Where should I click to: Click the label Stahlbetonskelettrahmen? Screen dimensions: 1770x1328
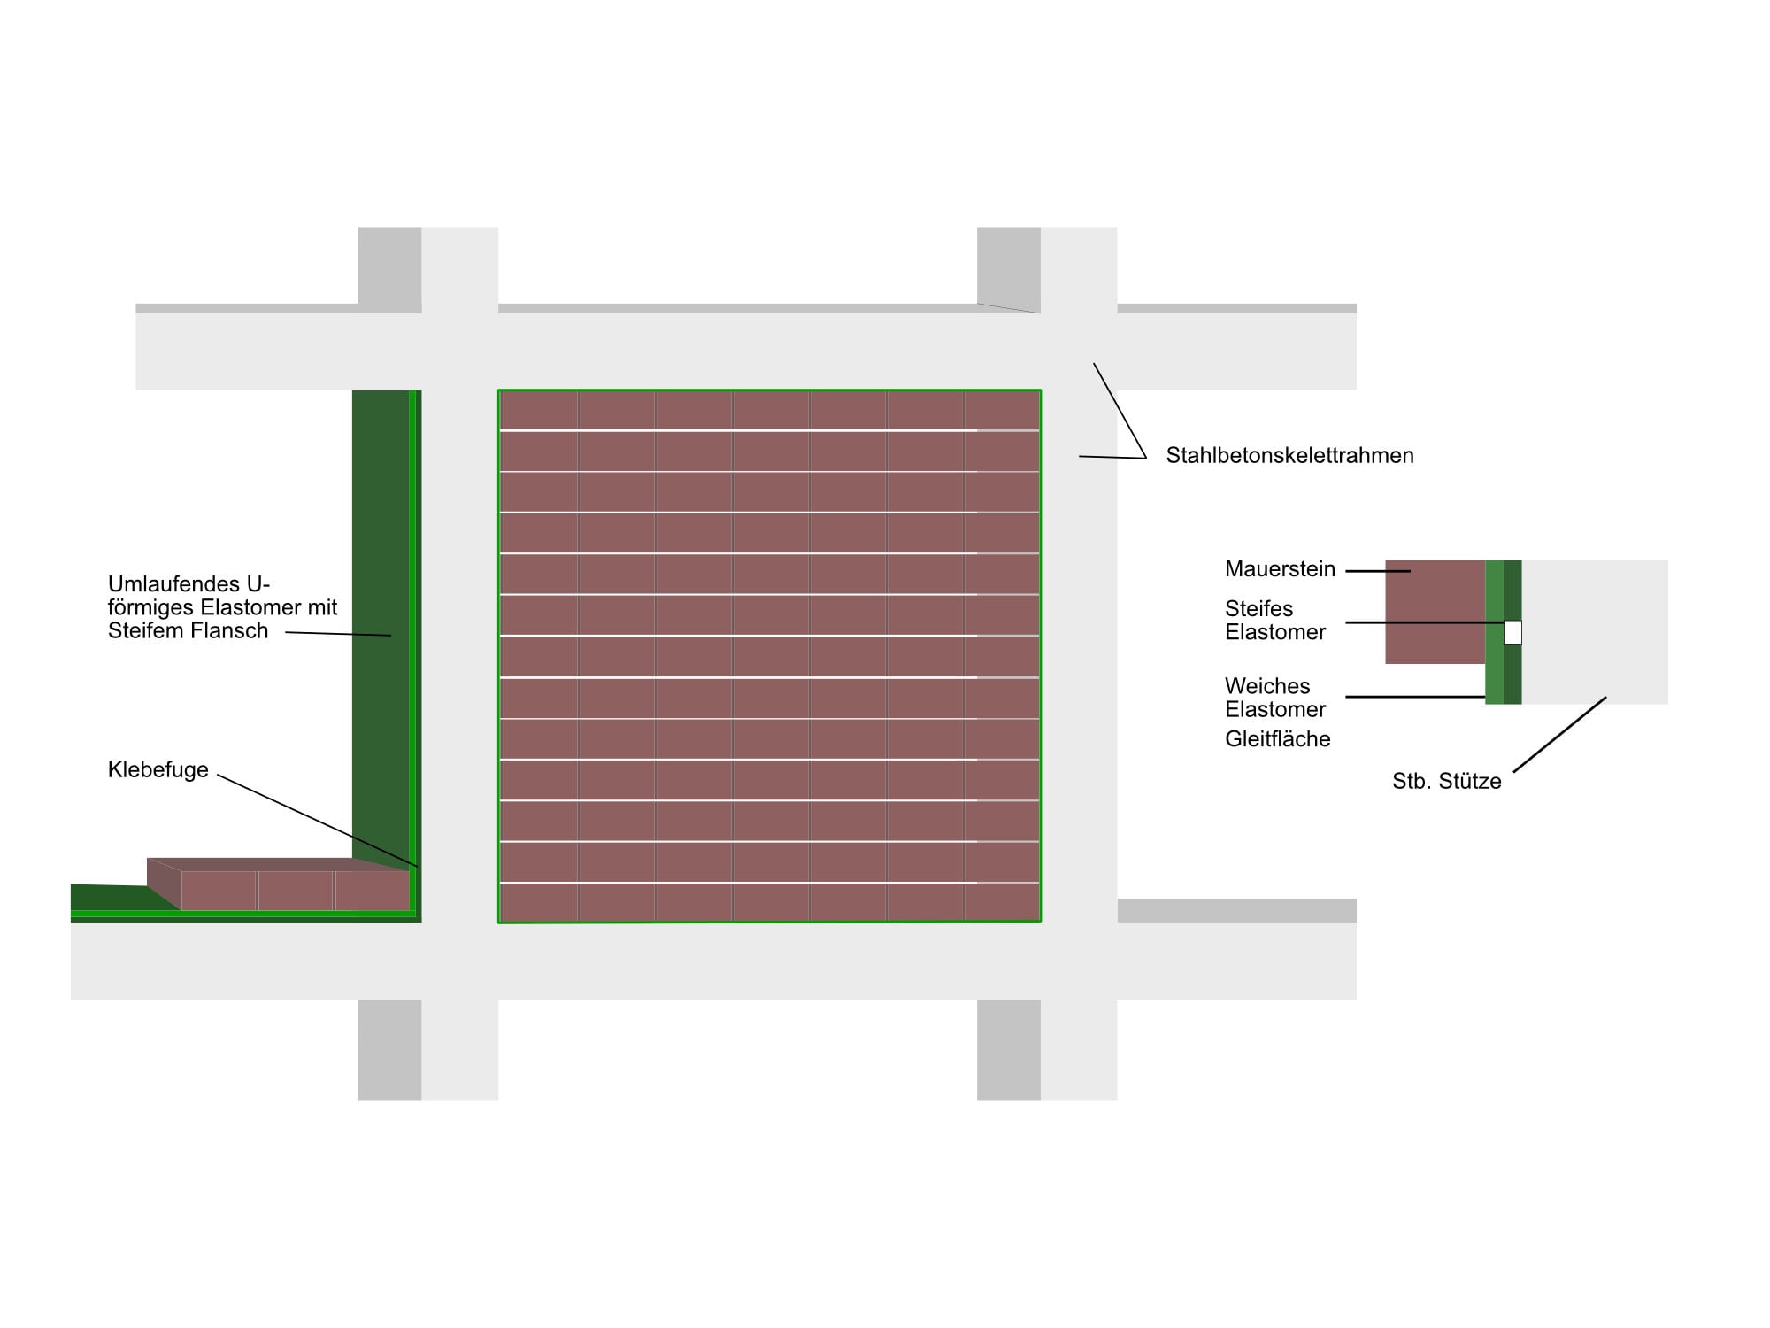click(1289, 456)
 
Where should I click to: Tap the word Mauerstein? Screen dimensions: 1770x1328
click(1280, 569)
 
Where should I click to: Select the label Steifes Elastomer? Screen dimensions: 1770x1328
click(1275, 621)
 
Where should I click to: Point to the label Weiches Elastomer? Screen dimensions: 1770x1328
click(1275, 698)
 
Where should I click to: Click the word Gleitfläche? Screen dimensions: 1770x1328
click(1277, 739)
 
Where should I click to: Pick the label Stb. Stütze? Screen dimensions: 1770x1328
click(1446, 781)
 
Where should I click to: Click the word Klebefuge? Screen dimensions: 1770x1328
click(158, 769)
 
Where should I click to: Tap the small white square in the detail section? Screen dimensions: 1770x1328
click(1512, 632)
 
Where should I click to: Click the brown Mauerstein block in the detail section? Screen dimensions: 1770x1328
click(1435, 612)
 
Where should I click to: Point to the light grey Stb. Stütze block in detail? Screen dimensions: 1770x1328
click(1595, 632)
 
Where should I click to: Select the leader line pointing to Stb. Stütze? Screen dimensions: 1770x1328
click(1559, 735)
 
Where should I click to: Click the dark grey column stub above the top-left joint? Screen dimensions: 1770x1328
click(389, 266)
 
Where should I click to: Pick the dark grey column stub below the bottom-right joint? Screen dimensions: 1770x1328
click(1009, 1050)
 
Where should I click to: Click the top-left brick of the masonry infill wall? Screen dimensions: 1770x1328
click(539, 411)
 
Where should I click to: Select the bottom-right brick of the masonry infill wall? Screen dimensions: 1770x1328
click(1002, 902)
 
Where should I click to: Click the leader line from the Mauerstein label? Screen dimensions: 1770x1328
click(1378, 571)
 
